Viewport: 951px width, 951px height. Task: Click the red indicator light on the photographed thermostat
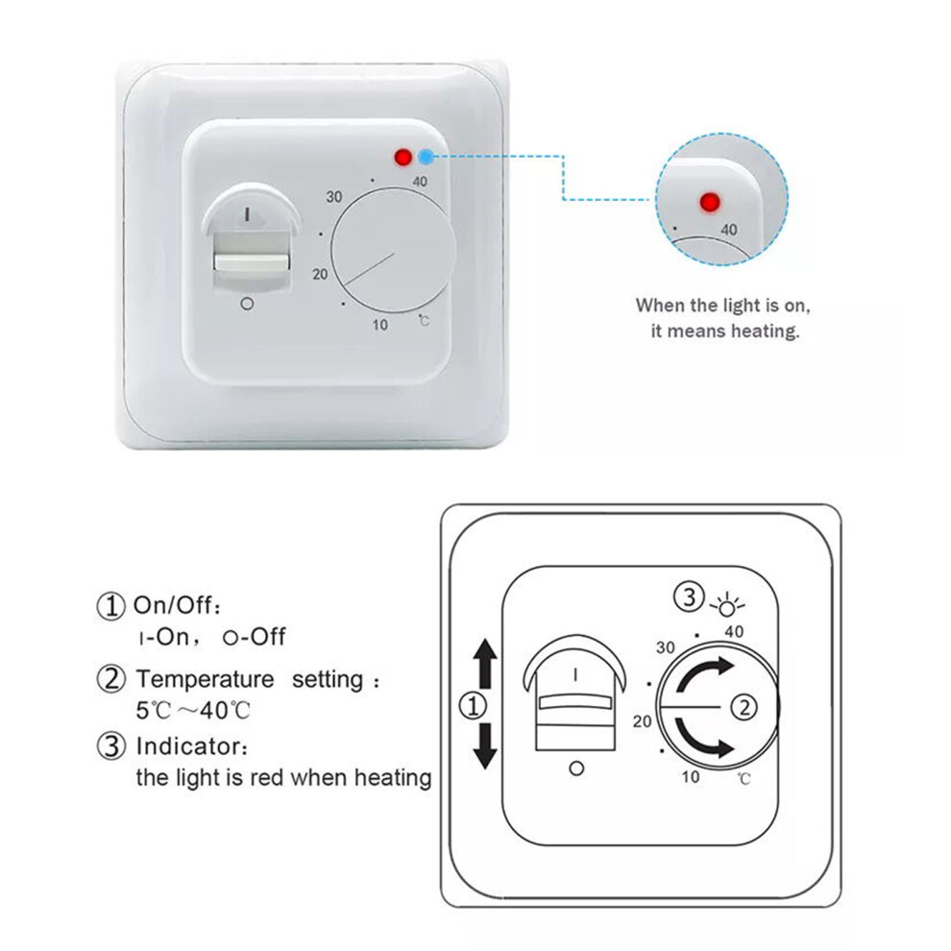[x=402, y=158]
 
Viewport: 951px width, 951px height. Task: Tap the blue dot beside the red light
[x=426, y=158]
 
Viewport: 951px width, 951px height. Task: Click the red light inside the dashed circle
[x=708, y=202]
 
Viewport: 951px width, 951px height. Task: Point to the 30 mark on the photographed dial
[x=334, y=197]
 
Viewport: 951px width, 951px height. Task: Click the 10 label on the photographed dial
[x=380, y=325]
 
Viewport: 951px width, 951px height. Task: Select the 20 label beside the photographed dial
[x=320, y=274]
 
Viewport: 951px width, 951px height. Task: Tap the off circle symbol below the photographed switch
[x=247, y=304]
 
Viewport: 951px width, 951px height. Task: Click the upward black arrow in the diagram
[x=485, y=664]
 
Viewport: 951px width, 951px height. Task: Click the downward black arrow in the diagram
[x=485, y=746]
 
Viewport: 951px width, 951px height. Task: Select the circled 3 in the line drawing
[x=689, y=597]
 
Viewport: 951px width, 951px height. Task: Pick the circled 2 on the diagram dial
[x=744, y=707]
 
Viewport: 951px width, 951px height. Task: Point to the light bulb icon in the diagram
[x=726, y=604]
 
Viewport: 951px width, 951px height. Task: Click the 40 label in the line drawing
[x=734, y=632]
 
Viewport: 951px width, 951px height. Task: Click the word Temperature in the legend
[x=205, y=679]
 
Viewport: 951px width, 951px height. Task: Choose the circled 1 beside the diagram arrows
[x=474, y=707]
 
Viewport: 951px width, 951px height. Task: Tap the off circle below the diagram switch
[x=576, y=768]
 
